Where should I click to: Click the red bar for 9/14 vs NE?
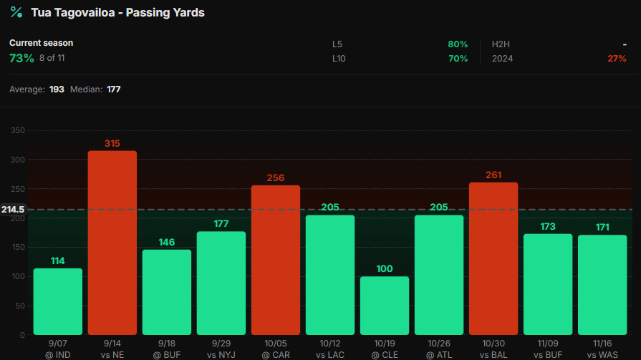(112, 243)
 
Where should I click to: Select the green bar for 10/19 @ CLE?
(385, 306)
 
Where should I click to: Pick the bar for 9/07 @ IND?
(58, 301)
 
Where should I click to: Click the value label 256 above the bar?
(276, 177)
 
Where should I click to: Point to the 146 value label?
(167, 242)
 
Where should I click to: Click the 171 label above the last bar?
(602, 227)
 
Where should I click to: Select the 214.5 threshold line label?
(13, 210)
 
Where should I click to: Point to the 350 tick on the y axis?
(18, 131)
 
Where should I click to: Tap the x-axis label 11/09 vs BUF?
(548, 349)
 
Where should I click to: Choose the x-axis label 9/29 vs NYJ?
(221, 349)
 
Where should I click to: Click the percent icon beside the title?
(16, 12)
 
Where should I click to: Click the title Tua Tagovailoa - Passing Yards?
(117, 13)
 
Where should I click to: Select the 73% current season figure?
(21, 58)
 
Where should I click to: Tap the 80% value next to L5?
(458, 44)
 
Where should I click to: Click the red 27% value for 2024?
(617, 59)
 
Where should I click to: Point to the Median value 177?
(114, 89)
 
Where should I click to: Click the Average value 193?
(57, 89)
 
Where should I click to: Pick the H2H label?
(501, 44)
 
